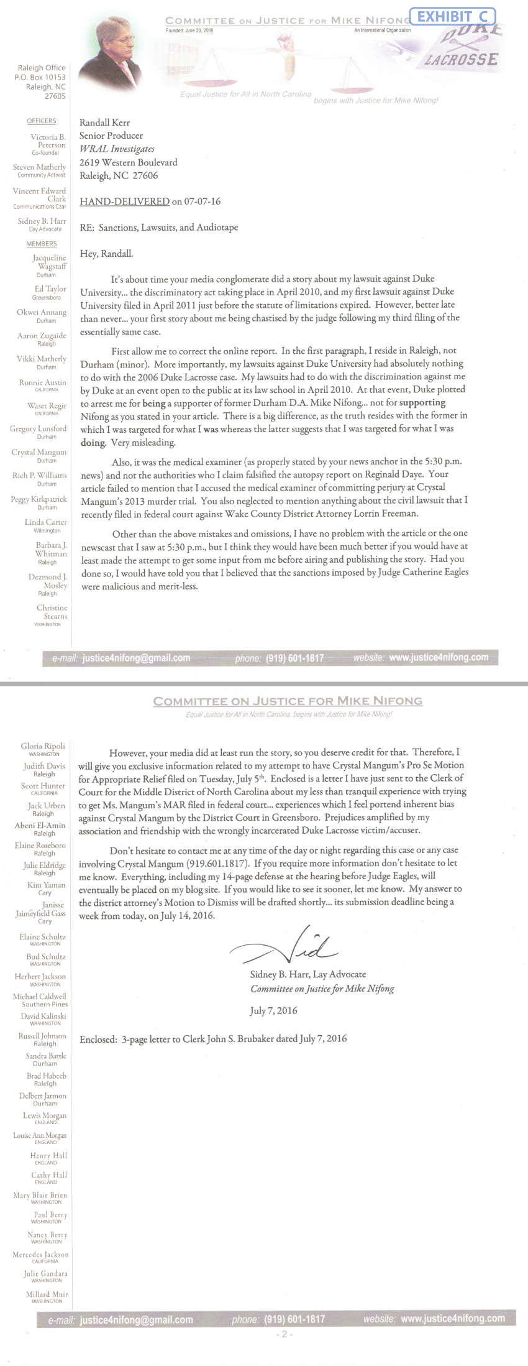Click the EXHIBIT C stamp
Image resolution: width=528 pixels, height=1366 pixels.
point(452,17)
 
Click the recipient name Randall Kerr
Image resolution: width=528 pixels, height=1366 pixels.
point(104,122)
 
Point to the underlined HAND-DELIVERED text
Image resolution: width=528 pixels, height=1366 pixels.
point(125,201)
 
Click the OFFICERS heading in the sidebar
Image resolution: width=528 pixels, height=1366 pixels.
point(42,121)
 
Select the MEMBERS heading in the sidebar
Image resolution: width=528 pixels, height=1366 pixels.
point(42,244)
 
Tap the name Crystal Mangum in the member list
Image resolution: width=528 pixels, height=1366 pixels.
point(39,452)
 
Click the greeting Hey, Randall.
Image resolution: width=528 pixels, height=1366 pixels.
point(106,254)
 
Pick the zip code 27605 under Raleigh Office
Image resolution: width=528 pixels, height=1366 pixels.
point(55,96)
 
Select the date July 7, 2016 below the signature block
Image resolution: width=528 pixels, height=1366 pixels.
point(273,1010)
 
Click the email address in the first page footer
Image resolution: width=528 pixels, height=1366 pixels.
point(136,658)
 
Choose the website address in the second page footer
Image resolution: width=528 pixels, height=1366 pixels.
point(453,1318)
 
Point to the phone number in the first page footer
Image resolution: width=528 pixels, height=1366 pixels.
point(294,658)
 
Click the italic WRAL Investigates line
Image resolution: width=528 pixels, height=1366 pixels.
point(117,149)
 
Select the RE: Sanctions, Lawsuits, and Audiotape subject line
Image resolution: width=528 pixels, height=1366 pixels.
point(159,228)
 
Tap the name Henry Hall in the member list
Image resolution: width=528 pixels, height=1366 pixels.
point(48,1155)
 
